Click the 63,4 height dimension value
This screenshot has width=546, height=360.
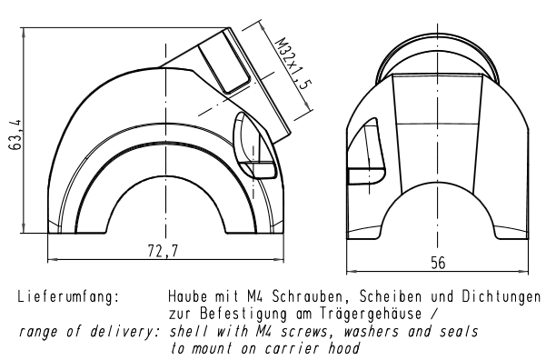coord(15,135)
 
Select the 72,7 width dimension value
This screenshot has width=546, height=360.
coord(163,251)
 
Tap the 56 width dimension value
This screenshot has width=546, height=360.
coord(438,263)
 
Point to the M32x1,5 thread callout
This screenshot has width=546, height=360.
coord(293,64)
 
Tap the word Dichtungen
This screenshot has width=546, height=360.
coord(501,296)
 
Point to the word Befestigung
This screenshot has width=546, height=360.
coord(243,314)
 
